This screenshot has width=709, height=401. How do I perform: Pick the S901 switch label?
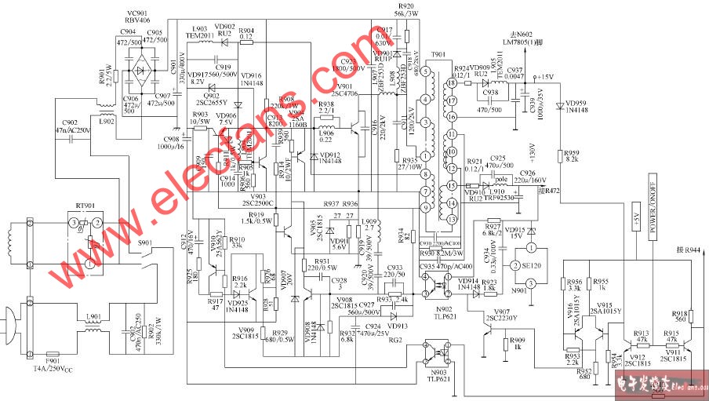pyautogui.click(x=145, y=244)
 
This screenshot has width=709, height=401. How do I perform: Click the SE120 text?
pyautogui.click(x=532, y=266)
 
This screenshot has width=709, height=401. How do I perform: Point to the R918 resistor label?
pyautogui.click(x=679, y=313)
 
